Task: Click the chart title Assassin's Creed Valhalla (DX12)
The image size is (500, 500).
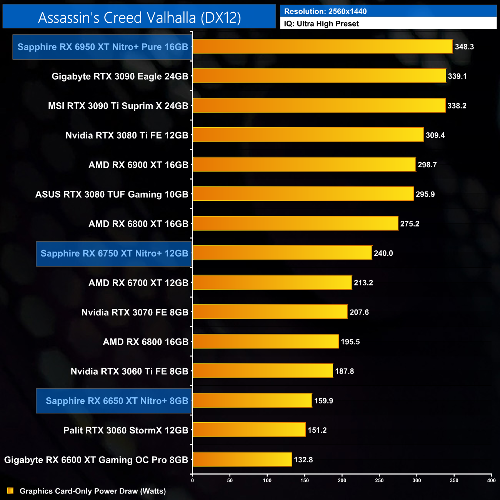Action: pos(139,17)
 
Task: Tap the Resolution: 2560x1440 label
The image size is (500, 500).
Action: pos(325,11)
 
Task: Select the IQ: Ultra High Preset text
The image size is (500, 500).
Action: pos(321,23)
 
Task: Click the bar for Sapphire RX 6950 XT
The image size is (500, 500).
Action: pos(322,46)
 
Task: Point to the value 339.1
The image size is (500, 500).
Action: pos(457,76)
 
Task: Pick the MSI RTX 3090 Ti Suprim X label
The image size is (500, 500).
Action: pos(118,106)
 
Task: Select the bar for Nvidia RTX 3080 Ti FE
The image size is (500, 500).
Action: pos(308,135)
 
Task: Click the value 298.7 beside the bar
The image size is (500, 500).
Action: pos(427,165)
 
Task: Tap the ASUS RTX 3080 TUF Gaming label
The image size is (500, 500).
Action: pos(112,194)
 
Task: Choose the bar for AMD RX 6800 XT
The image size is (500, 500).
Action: pos(295,223)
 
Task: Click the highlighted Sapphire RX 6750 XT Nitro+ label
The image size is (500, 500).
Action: pos(114,253)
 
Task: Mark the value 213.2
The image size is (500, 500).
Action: pos(363,283)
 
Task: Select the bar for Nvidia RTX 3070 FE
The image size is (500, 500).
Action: pos(270,312)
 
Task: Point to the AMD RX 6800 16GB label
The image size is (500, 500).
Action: pos(145,342)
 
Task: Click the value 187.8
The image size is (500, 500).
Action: pos(344,371)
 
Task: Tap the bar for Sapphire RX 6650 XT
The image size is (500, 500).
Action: pos(252,400)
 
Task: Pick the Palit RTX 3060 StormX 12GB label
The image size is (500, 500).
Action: pos(126,430)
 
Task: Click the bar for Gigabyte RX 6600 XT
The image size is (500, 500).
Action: pos(242,459)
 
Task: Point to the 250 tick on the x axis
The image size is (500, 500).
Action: pos(379,480)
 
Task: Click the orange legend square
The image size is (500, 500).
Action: pos(10,491)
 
